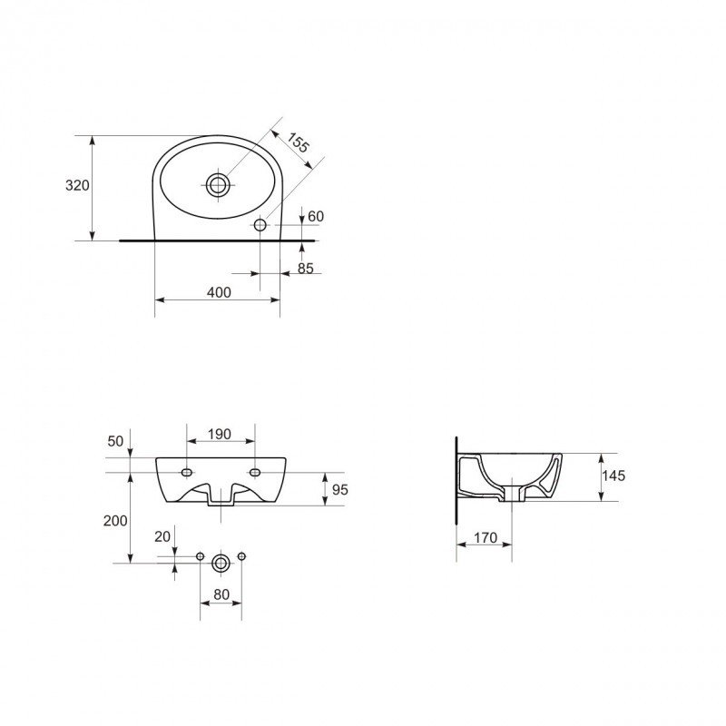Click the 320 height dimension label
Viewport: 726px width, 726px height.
click(x=77, y=186)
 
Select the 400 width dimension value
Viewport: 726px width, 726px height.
click(x=219, y=292)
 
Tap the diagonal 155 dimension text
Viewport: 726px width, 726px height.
click(x=297, y=142)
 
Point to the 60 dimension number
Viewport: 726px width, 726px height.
click(x=316, y=216)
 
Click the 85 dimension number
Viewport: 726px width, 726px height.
click(x=306, y=269)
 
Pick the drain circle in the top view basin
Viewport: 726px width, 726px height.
click(x=217, y=185)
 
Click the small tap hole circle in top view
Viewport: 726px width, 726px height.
click(x=260, y=225)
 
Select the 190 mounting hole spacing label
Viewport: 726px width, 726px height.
click(x=219, y=435)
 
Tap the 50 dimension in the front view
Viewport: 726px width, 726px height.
click(x=116, y=441)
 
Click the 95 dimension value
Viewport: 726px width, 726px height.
click(x=339, y=489)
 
